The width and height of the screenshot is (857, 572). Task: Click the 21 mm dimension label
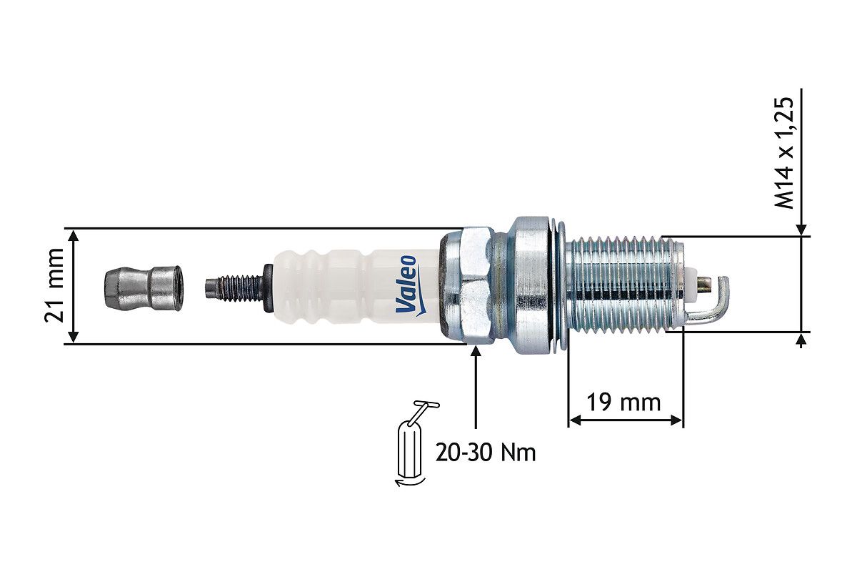(54, 285)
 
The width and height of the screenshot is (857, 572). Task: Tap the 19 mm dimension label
(623, 403)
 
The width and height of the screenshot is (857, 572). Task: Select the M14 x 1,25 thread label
(784, 153)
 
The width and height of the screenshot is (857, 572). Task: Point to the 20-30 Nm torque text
(486, 453)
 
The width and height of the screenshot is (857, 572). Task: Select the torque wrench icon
(414, 443)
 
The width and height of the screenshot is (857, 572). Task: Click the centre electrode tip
(705, 285)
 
